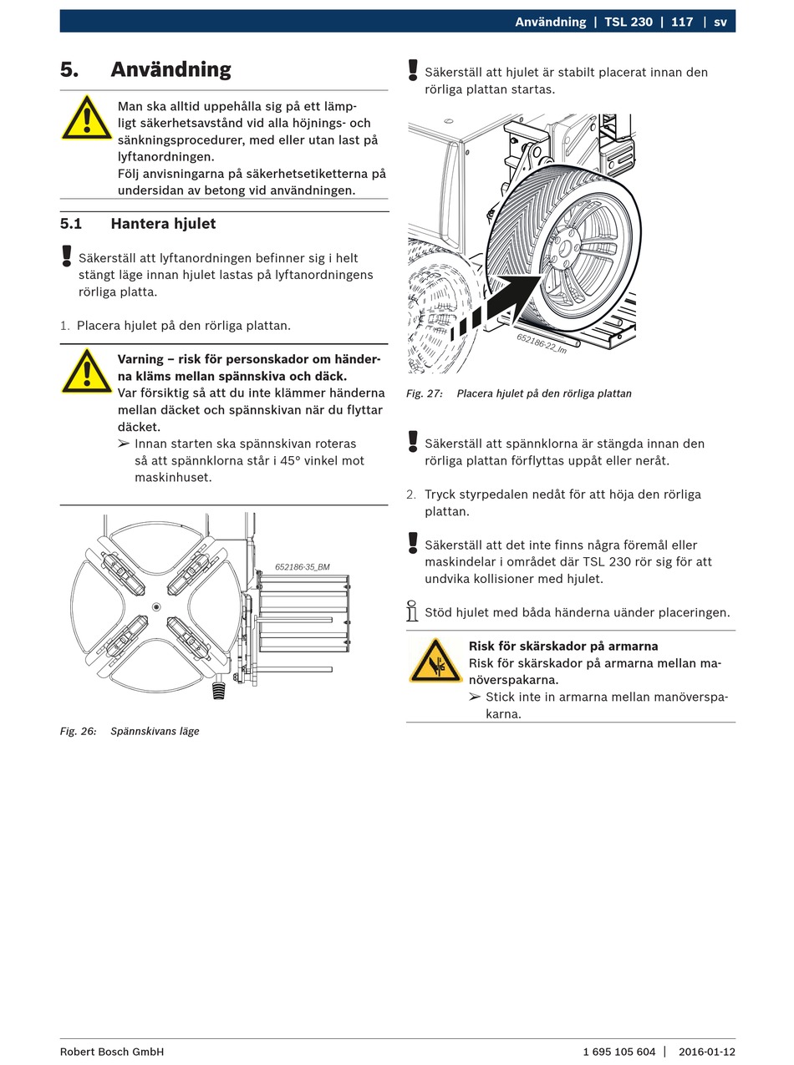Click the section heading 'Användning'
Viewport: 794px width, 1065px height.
pos(171,69)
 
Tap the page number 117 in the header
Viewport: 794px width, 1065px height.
pos(682,22)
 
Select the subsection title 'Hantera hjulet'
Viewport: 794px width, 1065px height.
pos(163,224)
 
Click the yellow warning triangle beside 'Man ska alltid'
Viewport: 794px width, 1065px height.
pos(86,119)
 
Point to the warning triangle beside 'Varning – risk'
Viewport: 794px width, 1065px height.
pos(86,372)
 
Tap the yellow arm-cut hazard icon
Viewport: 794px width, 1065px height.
pos(435,661)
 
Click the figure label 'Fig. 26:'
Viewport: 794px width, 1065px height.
pos(78,731)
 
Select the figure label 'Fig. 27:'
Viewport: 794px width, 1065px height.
pos(425,393)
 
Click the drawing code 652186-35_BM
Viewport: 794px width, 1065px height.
pos(303,567)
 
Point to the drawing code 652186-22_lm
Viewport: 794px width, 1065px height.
pos(542,343)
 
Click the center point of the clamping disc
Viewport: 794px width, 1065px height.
pos(156,606)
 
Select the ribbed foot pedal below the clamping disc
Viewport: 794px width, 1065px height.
pos(219,689)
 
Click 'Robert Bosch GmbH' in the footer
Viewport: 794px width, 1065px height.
pos(112,1052)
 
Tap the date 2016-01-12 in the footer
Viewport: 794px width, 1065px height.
pos(707,1052)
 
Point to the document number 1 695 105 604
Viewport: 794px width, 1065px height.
pos(619,1052)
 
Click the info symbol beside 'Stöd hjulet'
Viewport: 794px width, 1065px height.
pos(412,611)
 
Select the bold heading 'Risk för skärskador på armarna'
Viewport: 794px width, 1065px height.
pos(563,646)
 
